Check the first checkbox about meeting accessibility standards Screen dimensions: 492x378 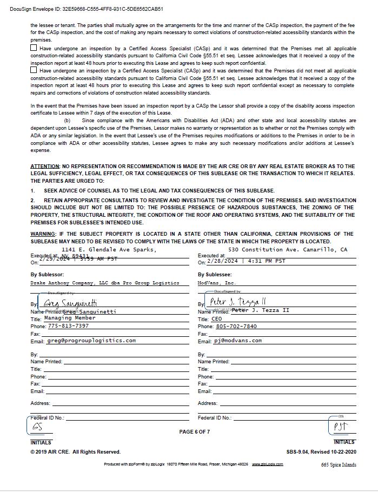(34, 48)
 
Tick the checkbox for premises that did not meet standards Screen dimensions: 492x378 (34, 70)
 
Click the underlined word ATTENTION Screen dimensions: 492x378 (45, 167)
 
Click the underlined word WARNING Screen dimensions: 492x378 (43, 234)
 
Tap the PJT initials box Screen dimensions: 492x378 (340, 427)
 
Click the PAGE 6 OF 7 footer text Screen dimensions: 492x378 (194, 431)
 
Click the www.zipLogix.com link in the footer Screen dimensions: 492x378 (267, 464)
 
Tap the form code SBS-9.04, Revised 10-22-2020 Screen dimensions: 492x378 (321, 452)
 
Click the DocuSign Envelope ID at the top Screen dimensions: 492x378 (87, 9)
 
